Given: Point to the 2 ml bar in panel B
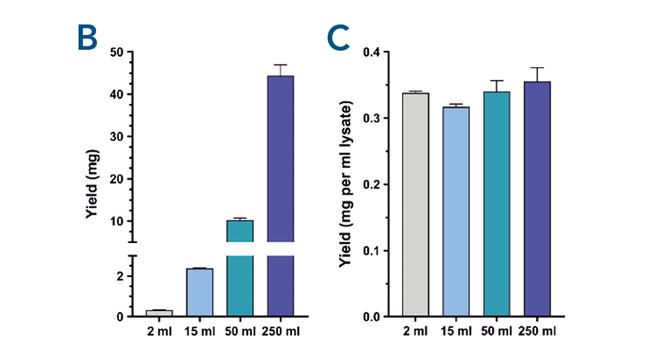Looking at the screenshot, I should tap(159, 313).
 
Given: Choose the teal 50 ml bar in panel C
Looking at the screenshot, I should tap(497, 204).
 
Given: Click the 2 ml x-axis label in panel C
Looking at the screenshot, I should tap(415, 332).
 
